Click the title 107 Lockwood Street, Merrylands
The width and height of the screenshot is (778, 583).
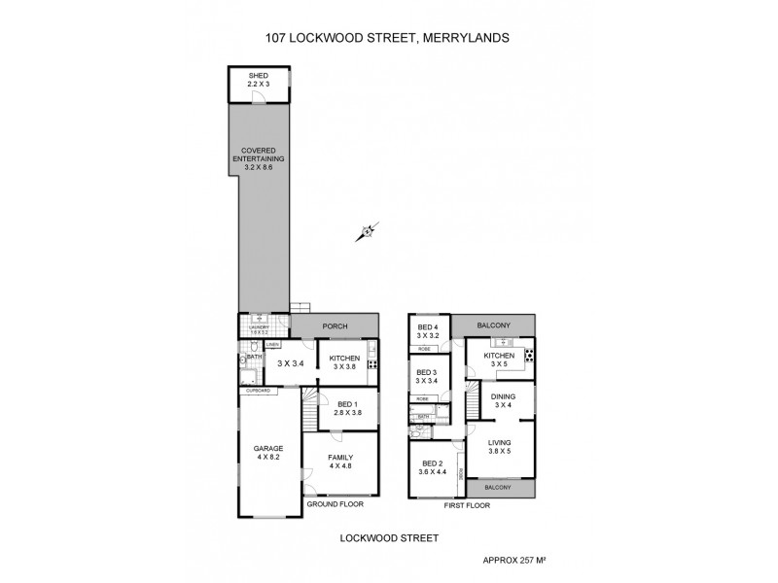pyautogui.click(x=388, y=39)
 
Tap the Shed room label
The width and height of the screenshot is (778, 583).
pyautogui.click(x=258, y=80)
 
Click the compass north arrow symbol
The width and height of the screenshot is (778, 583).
pyautogui.click(x=368, y=231)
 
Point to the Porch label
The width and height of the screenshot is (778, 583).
pyautogui.click(x=335, y=327)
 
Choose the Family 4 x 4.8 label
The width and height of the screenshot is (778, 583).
pyautogui.click(x=339, y=461)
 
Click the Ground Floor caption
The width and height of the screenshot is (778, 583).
pyautogui.click(x=335, y=505)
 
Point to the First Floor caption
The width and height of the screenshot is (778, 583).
pyautogui.click(x=467, y=505)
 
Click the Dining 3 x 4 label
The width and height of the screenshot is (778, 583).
pyautogui.click(x=503, y=400)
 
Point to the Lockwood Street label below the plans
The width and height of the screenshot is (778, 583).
pyautogui.click(x=388, y=536)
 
